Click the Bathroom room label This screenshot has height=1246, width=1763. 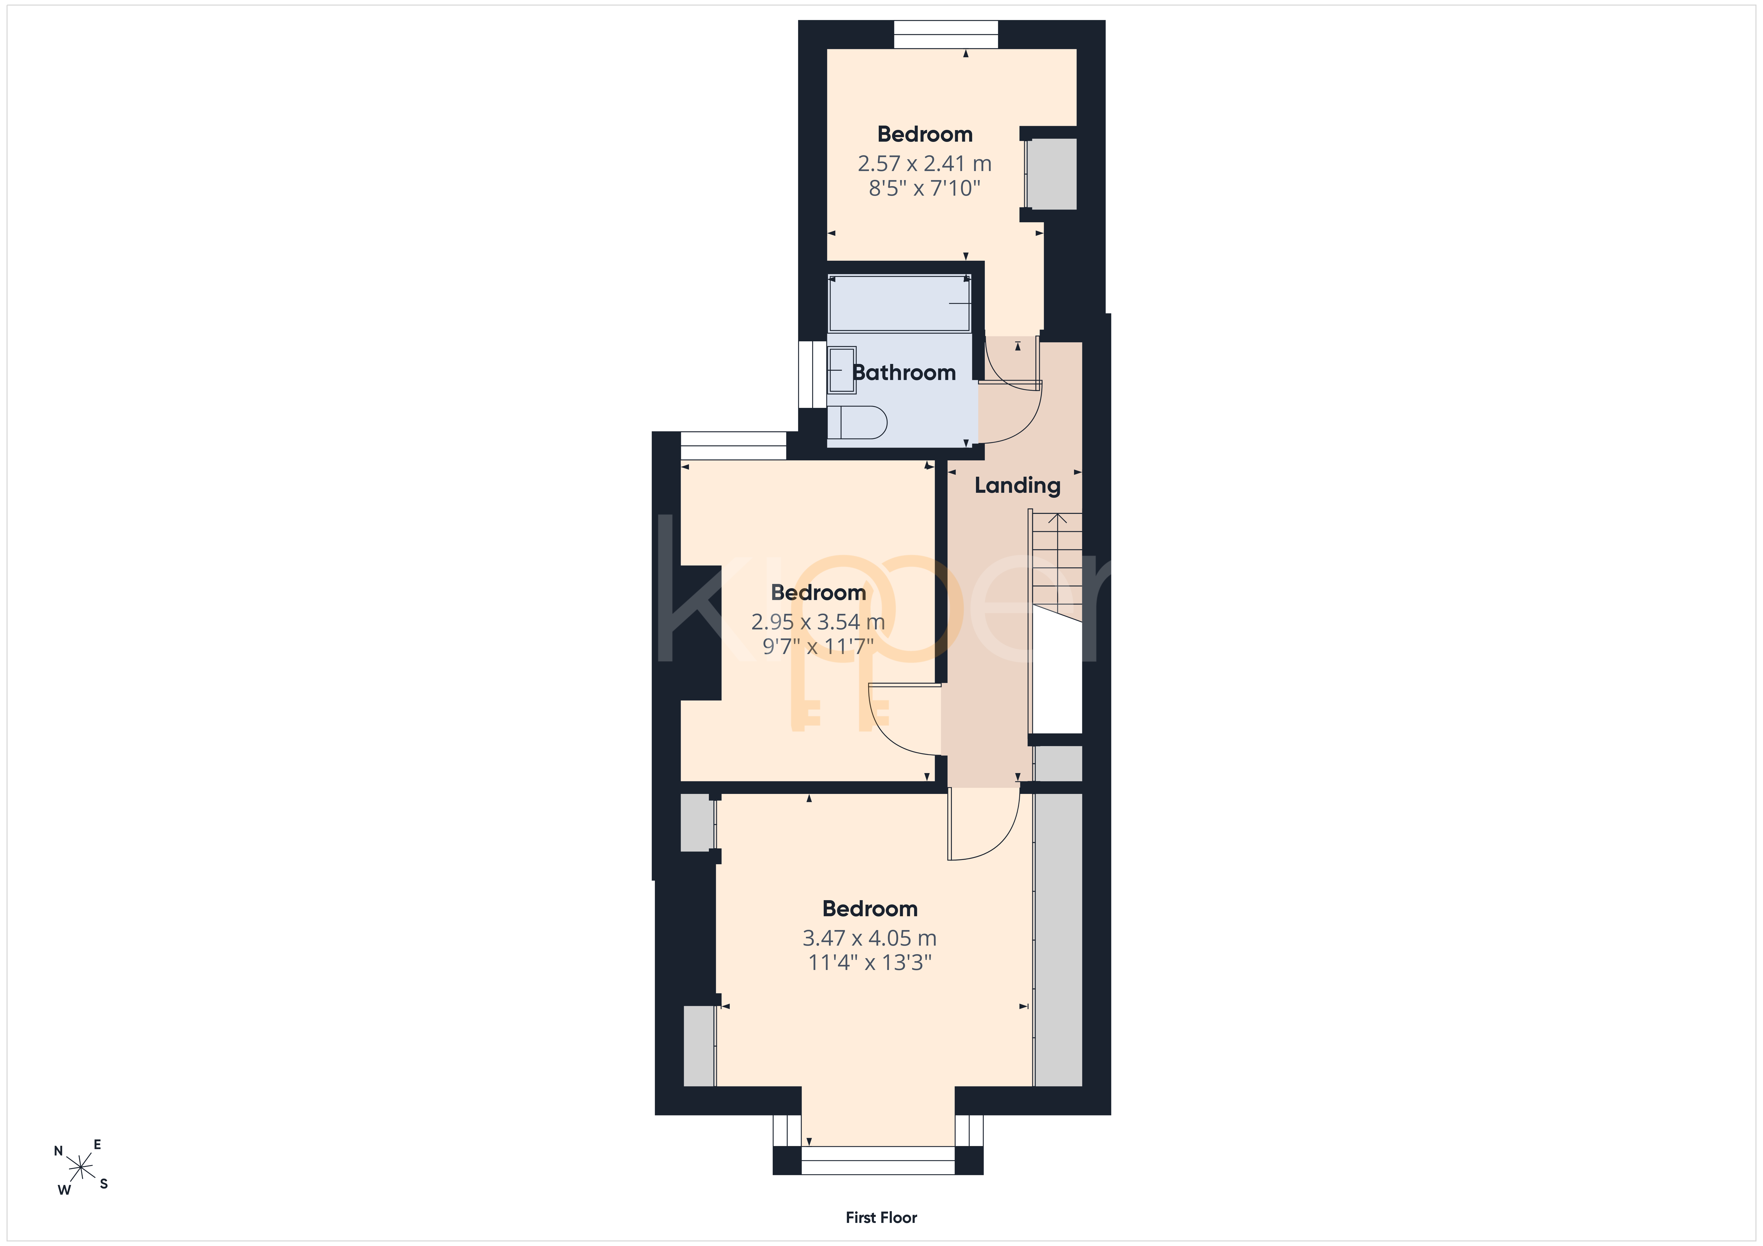tap(904, 373)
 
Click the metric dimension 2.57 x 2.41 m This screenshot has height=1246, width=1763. tap(924, 164)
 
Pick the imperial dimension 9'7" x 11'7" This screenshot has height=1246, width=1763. tap(818, 646)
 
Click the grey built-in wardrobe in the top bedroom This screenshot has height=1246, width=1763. tap(1052, 174)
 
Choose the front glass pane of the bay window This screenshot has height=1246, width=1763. tap(878, 1161)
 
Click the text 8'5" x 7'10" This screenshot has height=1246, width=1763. tap(924, 188)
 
